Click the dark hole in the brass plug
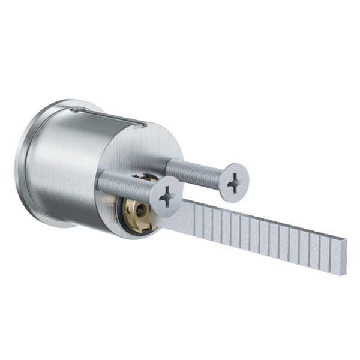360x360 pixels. tap(139, 211)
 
